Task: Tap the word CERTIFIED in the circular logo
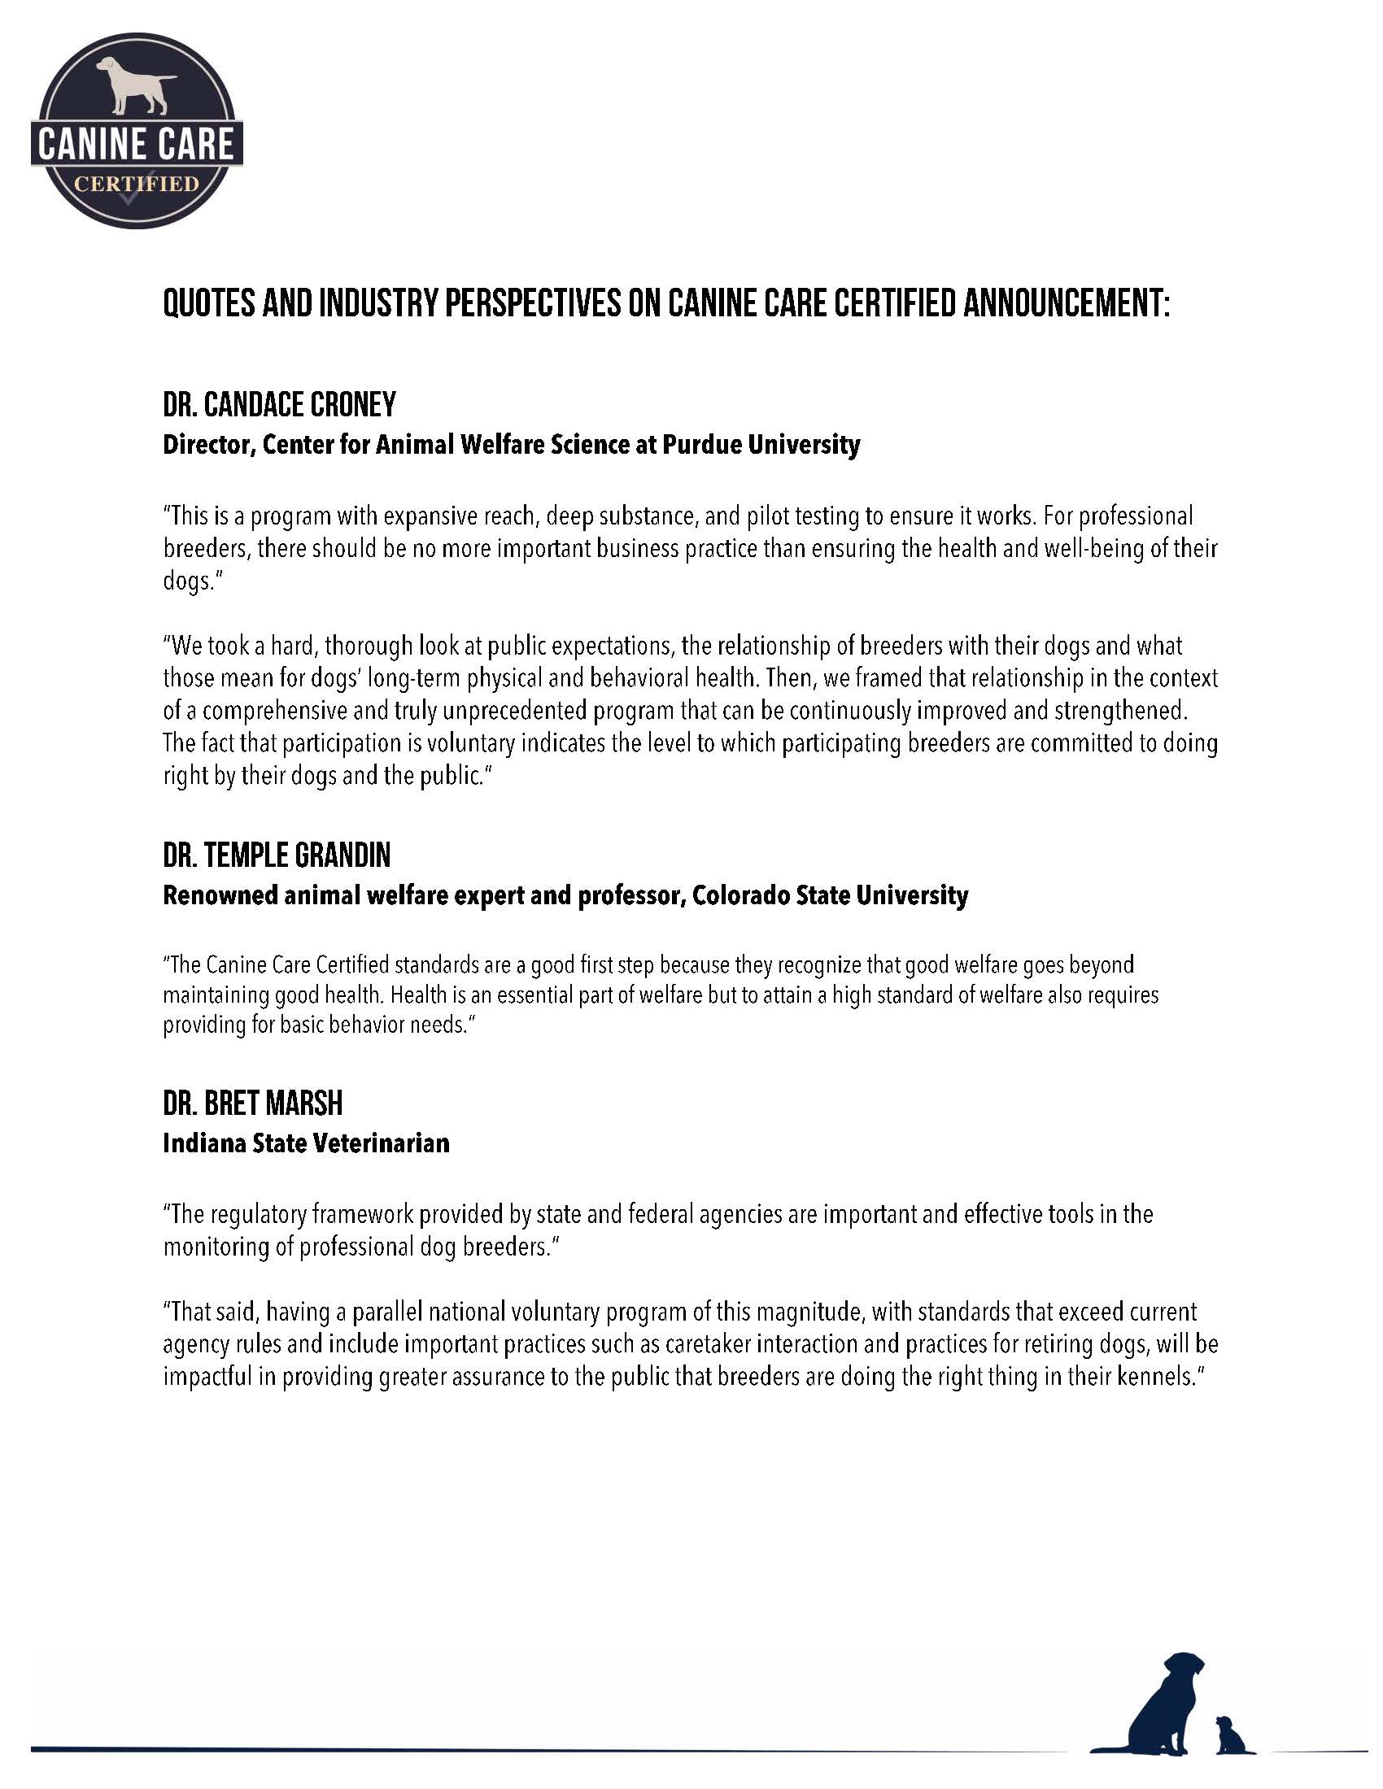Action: point(136,183)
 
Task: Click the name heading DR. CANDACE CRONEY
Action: point(279,405)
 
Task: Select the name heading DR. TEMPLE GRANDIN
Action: point(277,856)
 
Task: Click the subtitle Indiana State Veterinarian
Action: point(307,1143)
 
